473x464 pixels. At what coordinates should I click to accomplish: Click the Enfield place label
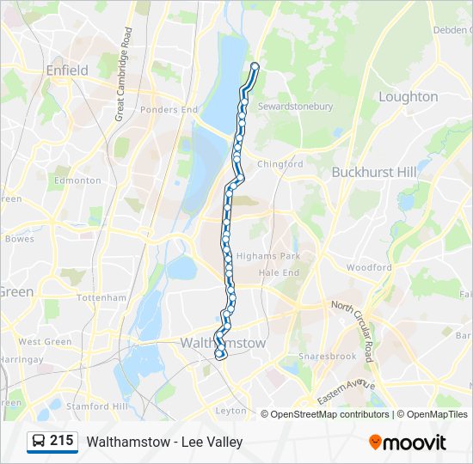(67, 70)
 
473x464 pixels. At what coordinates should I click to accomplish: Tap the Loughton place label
(408, 97)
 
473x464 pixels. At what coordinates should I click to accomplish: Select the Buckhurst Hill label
(374, 172)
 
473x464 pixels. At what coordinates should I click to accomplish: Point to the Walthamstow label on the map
(223, 343)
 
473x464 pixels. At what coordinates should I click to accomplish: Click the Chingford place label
(280, 164)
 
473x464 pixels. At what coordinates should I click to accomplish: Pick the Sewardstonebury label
(296, 107)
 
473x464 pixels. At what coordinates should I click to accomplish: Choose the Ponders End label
(169, 110)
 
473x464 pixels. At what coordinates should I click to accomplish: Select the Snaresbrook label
(326, 356)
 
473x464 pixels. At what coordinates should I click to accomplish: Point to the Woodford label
(369, 268)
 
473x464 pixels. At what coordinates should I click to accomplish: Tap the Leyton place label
(230, 411)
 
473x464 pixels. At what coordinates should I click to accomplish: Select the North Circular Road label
(353, 331)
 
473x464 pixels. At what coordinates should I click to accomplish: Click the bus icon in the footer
(37, 442)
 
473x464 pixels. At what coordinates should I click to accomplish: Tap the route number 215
(62, 441)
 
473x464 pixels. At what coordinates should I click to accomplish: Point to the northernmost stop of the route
(255, 66)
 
